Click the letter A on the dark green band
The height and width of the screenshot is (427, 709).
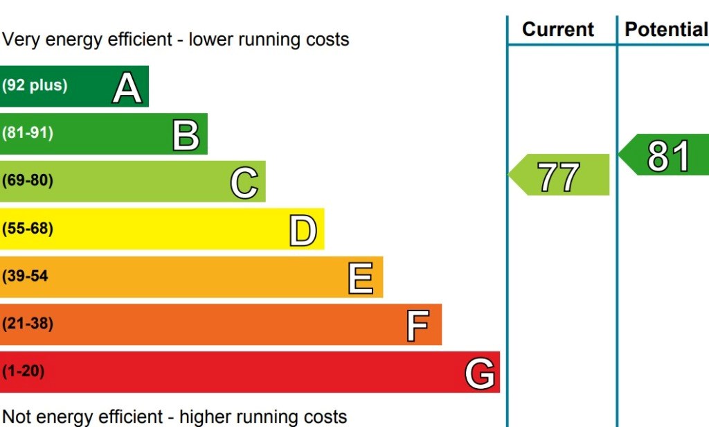[127, 88]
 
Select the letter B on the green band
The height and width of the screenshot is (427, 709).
[186, 135]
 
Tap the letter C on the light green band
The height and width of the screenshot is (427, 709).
[244, 183]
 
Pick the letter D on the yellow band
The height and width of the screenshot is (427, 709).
[303, 231]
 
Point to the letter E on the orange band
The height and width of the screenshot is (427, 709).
[361, 278]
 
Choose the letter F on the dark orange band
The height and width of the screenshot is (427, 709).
[418, 326]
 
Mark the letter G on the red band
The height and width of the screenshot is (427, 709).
[480, 374]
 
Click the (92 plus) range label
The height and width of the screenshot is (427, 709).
[35, 86]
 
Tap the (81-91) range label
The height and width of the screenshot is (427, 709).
[28, 133]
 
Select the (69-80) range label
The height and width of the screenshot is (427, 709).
[28, 181]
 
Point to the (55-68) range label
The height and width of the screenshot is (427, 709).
[28, 229]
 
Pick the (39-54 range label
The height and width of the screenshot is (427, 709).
[25, 276]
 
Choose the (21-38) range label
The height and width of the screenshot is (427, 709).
[28, 324]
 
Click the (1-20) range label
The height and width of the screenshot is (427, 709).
[24, 372]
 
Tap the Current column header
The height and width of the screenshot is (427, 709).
[558, 30]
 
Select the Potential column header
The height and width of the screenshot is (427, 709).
[665, 30]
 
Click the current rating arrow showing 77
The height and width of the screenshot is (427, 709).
[559, 176]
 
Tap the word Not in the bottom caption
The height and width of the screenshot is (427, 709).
[17, 417]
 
